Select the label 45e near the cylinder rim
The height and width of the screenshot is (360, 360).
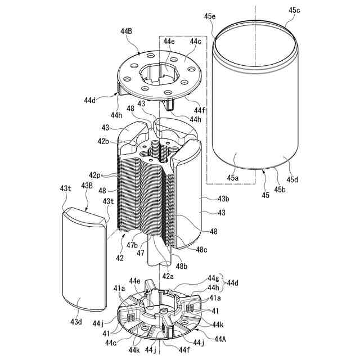pyautogui.click(x=209, y=17)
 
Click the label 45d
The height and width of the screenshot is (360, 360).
pyautogui.click(x=294, y=180)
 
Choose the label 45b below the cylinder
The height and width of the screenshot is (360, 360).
pyautogui.click(x=280, y=189)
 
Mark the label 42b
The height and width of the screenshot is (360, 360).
pyautogui.click(x=103, y=141)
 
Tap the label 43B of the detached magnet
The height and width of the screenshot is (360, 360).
pyautogui.click(x=87, y=186)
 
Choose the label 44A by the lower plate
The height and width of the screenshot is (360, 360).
pyautogui.click(x=220, y=339)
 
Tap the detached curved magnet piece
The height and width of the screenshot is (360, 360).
pyautogui.click(x=84, y=259)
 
